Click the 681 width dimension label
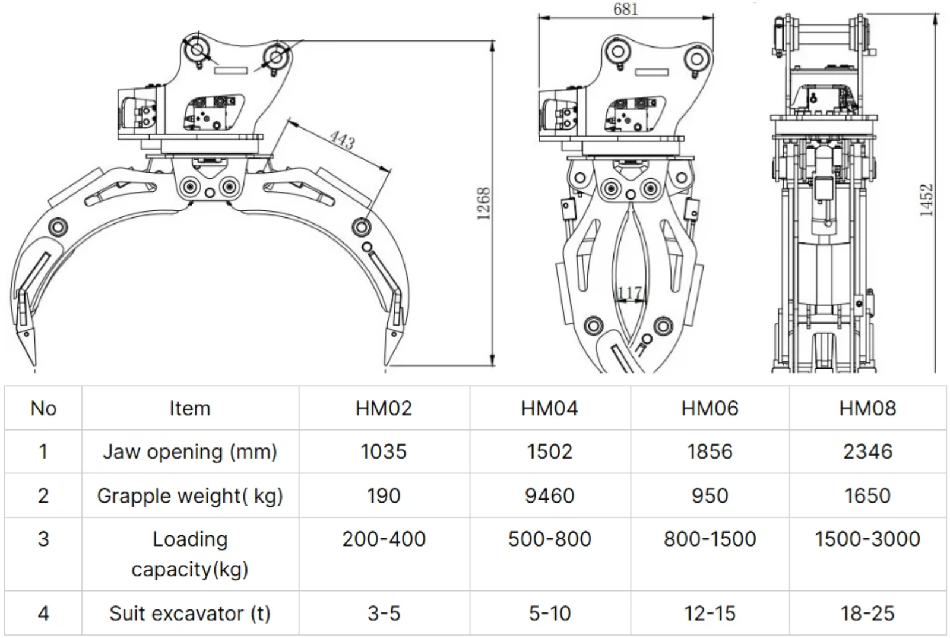click(x=625, y=10)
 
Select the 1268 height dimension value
click(x=484, y=204)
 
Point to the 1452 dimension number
click(x=926, y=200)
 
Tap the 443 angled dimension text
click(x=343, y=140)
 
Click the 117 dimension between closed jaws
click(x=629, y=293)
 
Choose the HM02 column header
click(x=384, y=408)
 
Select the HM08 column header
click(x=867, y=408)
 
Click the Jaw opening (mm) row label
click(x=190, y=451)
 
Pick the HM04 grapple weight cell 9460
click(x=549, y=495)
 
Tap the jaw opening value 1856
click(x=710, y=451)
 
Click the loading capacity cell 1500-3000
click(x=867, y=539)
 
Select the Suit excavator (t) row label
click(x=190, y=613)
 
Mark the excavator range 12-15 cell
click(x=710, y=613)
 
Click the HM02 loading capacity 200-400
click(x=384, y=539)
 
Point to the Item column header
click(x=190, y=408)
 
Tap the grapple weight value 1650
click(x=867, y=495)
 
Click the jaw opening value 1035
click(x=384, y=451)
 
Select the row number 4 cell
click(x=43, y=613)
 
